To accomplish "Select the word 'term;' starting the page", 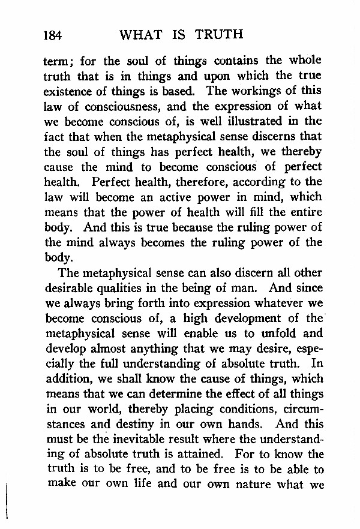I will (59, 62).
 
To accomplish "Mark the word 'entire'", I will (306, 212).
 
